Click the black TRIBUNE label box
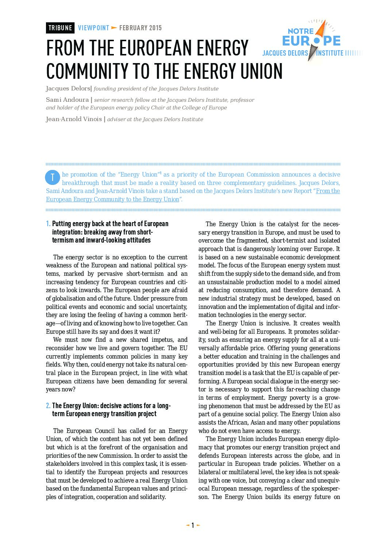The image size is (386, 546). (x=60, y=28)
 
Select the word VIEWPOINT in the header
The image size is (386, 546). (x=93, y=28)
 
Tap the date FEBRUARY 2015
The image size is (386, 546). (x=140, y=28)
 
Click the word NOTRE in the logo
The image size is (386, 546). (x=301, y=31)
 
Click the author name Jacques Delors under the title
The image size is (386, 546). (x=68, y=89)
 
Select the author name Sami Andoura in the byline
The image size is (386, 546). (x=67, y=100)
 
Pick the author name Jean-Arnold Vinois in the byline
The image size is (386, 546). (x=74, y=119)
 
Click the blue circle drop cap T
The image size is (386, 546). (x=53, y=177)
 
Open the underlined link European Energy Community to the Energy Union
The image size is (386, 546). (x=113, y=200)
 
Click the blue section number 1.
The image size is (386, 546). (x=48, y=224)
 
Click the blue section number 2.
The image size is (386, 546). (x=48, y=406)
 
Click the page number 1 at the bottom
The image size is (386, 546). (x=193, y=526)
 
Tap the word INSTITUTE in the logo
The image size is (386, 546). (x=330, y=53)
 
